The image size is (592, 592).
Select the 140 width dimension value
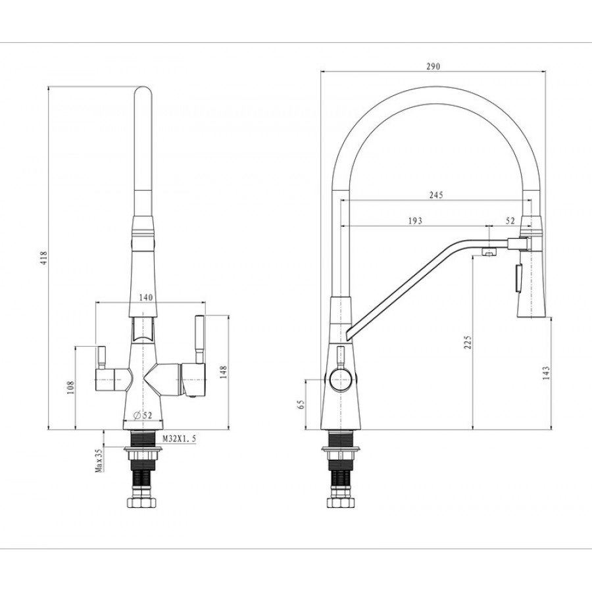pos(146,297)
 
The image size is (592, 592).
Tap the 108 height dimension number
pos(70,387)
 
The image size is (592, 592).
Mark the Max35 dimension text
pos(99,460)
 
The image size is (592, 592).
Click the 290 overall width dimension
pos(432,66)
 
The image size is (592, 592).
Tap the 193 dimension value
pos(415,221)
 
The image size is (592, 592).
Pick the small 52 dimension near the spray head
pos(510,221)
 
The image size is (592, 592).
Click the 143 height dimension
pos(546,373)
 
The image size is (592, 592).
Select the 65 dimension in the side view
pos(302,405)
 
